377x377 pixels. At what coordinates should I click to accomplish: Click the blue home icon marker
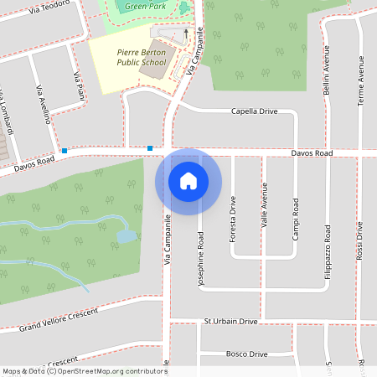click(x=188, y=181)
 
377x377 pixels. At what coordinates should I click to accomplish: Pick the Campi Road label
click(x=295, y=219)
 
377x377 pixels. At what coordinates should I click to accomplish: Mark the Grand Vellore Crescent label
click(x=59, y=319)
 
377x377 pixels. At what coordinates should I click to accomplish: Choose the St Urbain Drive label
click(x=230, y=321)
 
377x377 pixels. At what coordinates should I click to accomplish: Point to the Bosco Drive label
click(x=246, y=354)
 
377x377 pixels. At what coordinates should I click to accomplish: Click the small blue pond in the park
click(x=126, y=235)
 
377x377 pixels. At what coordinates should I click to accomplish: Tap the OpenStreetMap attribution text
click(x=84, y=370)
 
